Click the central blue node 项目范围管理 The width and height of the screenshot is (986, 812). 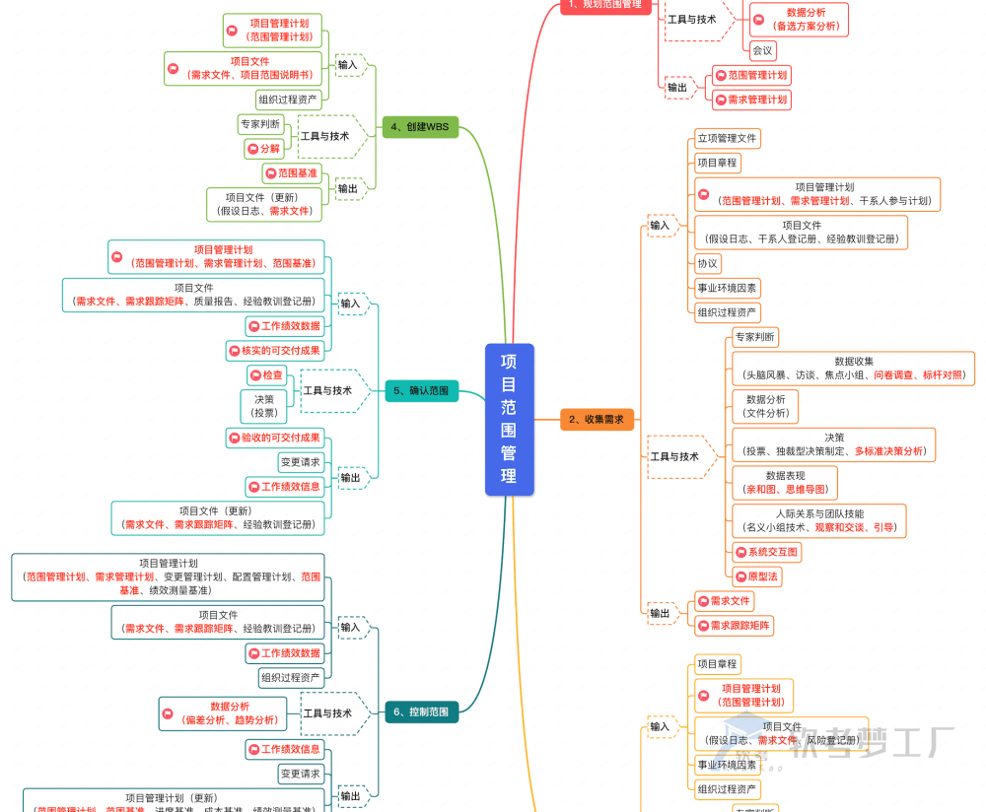pos(509,419)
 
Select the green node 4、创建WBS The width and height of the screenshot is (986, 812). pos(420,127)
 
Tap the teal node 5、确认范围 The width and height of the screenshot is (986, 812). pos(421,391)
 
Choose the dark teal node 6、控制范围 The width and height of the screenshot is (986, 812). pos(421,711)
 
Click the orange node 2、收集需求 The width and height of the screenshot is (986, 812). pos(597,419)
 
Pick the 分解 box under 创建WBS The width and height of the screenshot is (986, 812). pos(264,149)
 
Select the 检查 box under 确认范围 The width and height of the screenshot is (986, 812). pos(266,375)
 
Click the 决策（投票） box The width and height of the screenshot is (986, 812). pos(264,406)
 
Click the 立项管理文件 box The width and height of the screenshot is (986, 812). pos(727,139)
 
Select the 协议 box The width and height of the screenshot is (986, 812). pos(708,263)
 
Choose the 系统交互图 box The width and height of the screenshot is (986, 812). pos(766,552)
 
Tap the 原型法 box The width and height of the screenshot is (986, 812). pos(756,576)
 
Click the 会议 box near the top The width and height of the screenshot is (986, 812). pos(762,50)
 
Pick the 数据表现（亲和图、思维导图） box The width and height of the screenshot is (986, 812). pos(785,482)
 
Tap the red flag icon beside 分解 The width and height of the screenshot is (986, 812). pos(252,149)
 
